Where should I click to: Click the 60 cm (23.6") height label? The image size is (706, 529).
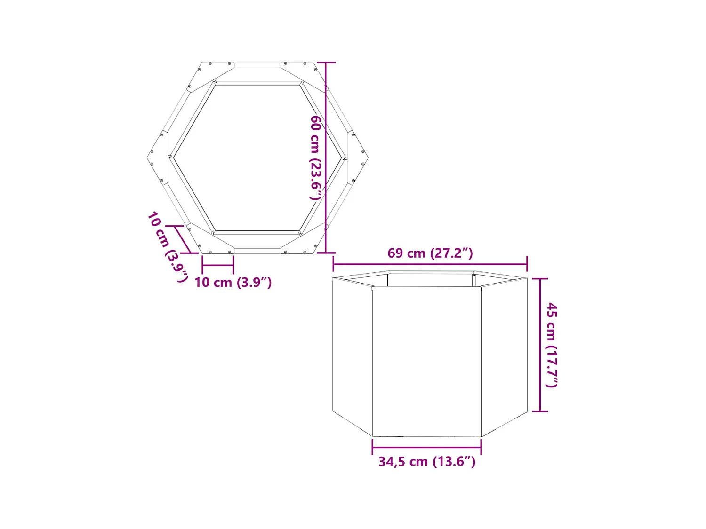click(316, 158)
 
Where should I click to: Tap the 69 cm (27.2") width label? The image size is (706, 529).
click(430, 253)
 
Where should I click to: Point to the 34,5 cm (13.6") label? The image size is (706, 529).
click(426, 461)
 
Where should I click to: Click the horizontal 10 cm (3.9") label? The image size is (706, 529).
click(233, 282)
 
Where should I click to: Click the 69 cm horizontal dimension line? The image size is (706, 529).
click(430, 264)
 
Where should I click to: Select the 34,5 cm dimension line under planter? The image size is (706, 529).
click(426, 447)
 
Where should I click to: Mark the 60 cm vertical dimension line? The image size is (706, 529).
click(326, 158)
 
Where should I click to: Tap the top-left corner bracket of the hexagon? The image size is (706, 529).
click(209, 73)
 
